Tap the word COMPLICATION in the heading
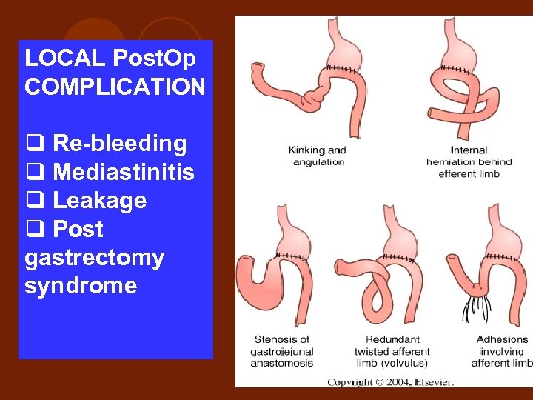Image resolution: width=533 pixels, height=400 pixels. pos(115,87)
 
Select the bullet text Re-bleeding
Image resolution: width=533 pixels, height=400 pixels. pos(119,143)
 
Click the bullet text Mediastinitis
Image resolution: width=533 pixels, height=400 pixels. pos(124,172)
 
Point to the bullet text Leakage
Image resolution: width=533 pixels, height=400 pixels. pos(100,200)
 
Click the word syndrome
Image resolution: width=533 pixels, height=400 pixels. pos(81,285)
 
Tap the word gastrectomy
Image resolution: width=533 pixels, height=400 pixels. pos(94,258)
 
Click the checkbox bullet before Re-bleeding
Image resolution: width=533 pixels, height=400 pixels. pos(34,144)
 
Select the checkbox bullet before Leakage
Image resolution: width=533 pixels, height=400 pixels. pos(34,201)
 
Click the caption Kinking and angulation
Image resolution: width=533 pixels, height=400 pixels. pos(317,156)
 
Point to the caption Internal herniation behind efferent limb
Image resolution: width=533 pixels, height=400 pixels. pos(469,161)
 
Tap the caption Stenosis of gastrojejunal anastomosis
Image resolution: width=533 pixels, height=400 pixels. pos(281,351)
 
